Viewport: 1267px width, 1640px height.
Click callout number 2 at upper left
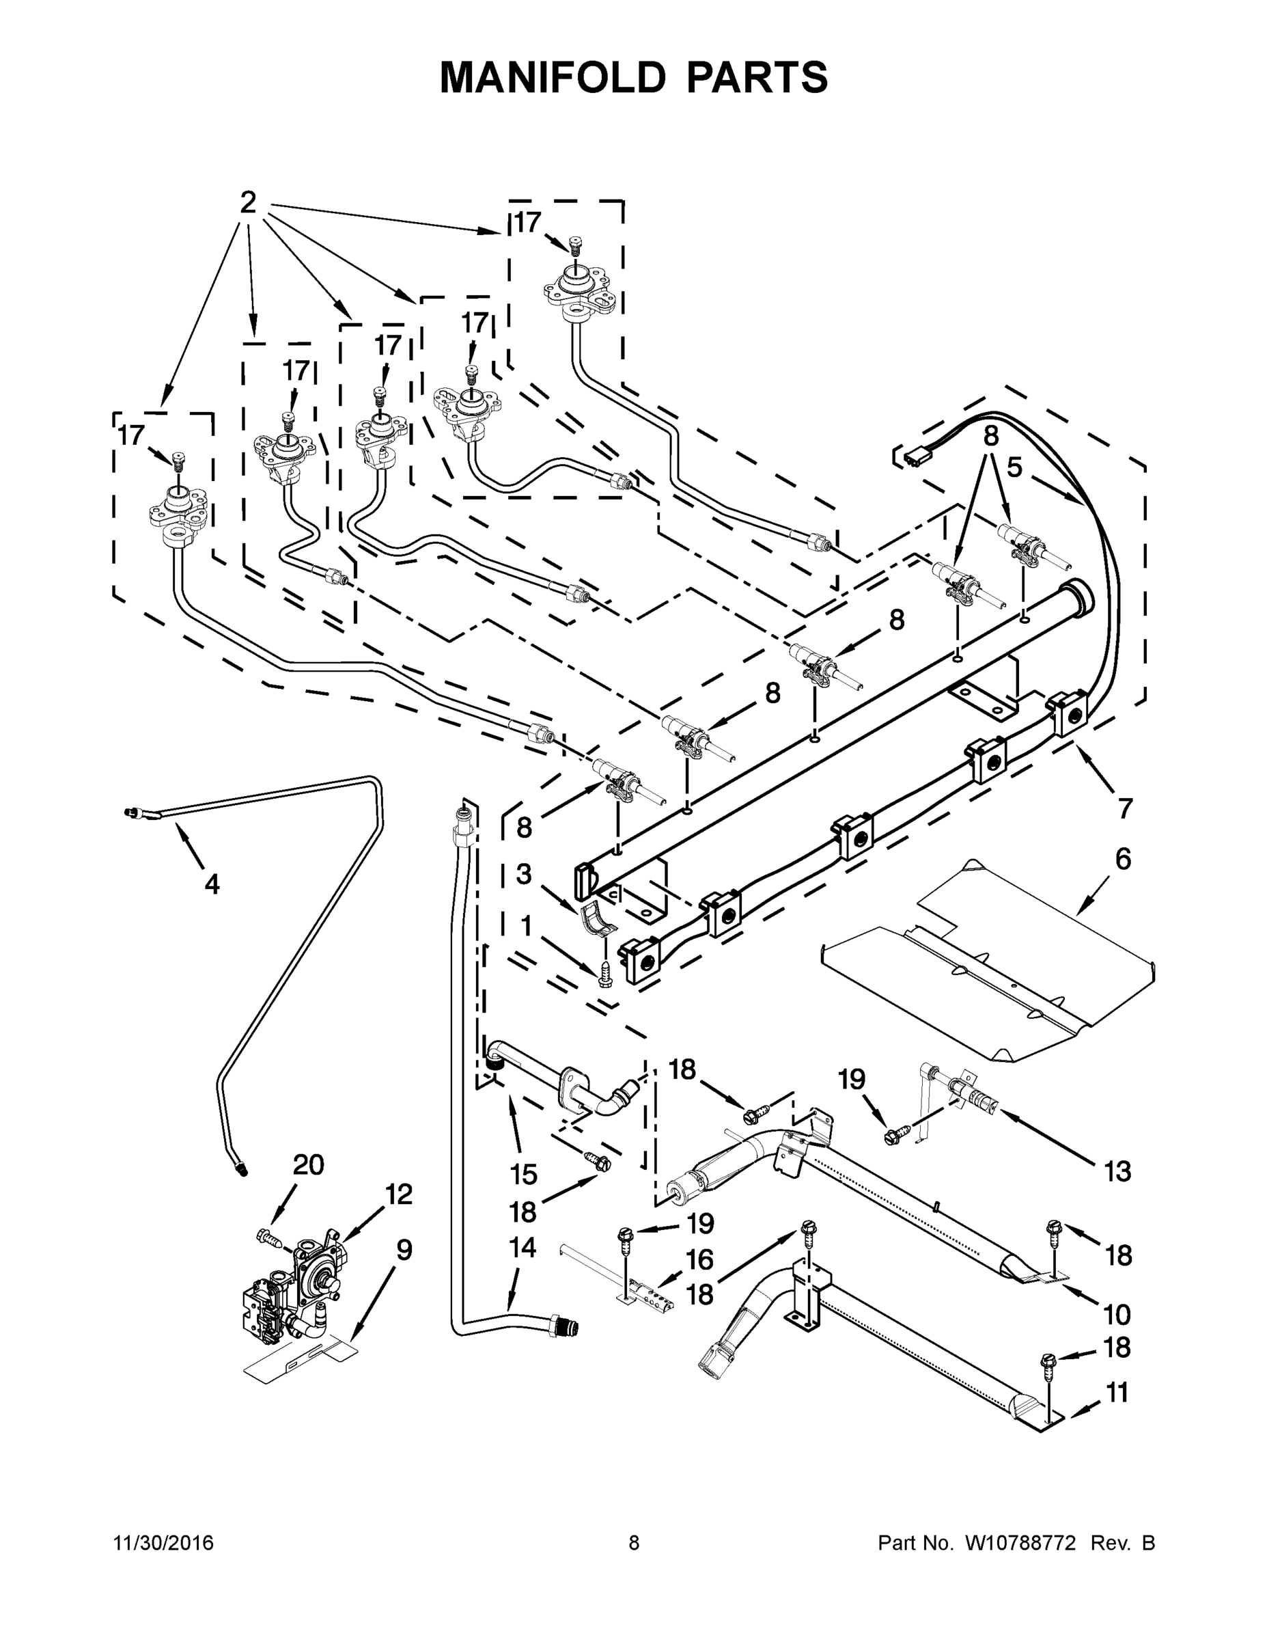(248, 202)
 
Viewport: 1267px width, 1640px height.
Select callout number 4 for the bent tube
(212, 885)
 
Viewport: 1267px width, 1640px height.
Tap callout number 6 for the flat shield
(1123, 858)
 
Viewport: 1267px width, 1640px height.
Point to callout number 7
(1124, 809)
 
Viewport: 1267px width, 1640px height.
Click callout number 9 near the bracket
(404, 1250)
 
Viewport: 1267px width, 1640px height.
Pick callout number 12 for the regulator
(400, 1193)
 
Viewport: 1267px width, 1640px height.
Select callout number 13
(1117, 1171)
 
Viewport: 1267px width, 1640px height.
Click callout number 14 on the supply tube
(523, 1247)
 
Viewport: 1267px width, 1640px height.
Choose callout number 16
(699, 1259)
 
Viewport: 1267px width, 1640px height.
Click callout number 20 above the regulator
(308, 1164)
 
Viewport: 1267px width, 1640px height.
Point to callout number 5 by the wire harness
(1014, 468)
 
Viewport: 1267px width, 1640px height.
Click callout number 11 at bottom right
(1117, 1392)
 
